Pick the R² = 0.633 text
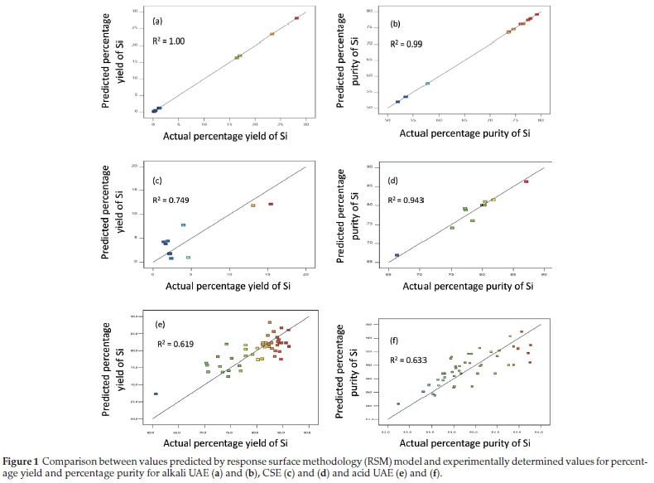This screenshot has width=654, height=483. tap(412, 360)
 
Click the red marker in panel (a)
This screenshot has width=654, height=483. tap(296, 17)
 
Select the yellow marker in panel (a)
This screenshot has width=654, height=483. tap(272, 34)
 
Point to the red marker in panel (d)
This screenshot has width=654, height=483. tap(526, 181)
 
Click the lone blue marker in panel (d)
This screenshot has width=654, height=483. tap(397, 255)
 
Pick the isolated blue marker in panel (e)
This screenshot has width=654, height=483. tap(156, 394)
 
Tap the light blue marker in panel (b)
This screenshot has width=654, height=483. tap(427, 84)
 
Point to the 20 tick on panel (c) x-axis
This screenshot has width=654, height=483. tap(306, 271)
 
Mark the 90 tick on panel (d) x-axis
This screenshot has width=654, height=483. tap(544, 272)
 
